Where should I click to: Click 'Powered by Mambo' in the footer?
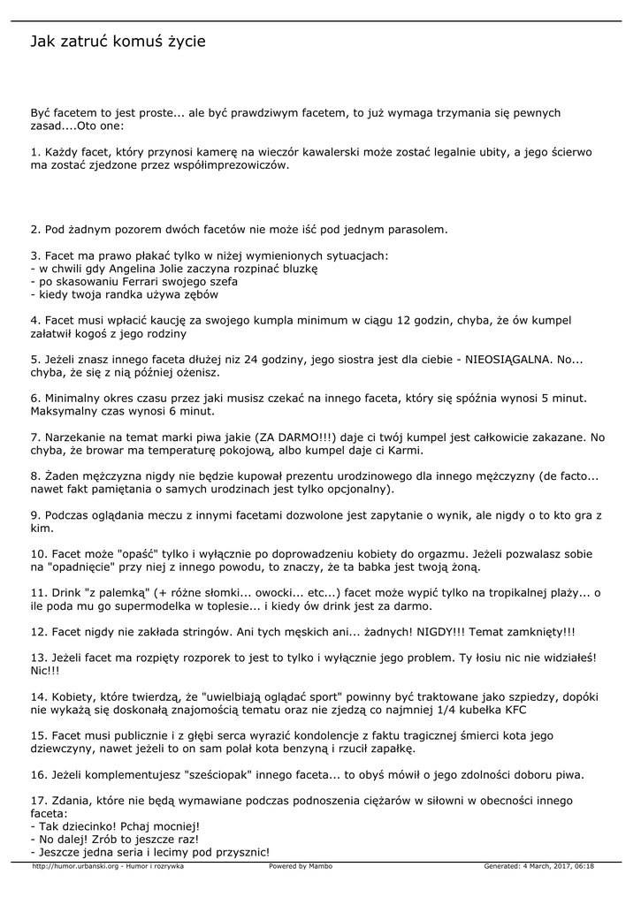301,867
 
